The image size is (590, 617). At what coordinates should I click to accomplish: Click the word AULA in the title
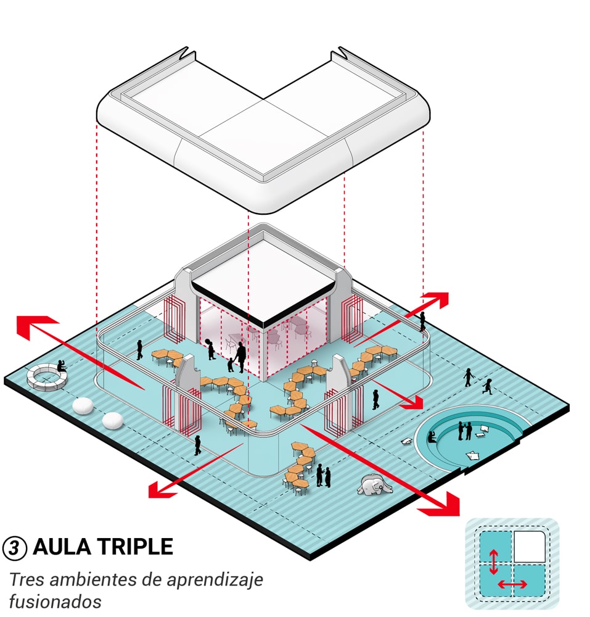62,547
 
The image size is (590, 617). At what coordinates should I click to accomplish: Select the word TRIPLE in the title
134,547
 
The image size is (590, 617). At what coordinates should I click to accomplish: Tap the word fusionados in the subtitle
55,602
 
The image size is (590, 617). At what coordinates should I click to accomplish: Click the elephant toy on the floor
374,484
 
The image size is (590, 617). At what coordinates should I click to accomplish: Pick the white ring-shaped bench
46,378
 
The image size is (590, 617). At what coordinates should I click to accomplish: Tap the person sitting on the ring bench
61,366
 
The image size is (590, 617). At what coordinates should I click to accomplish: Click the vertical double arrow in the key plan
494,562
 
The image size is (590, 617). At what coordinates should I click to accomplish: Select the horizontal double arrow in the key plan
512,584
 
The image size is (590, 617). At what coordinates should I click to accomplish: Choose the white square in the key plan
529,546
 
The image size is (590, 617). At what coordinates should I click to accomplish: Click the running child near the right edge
488,386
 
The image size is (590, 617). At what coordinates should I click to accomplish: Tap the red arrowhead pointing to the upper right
437,300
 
